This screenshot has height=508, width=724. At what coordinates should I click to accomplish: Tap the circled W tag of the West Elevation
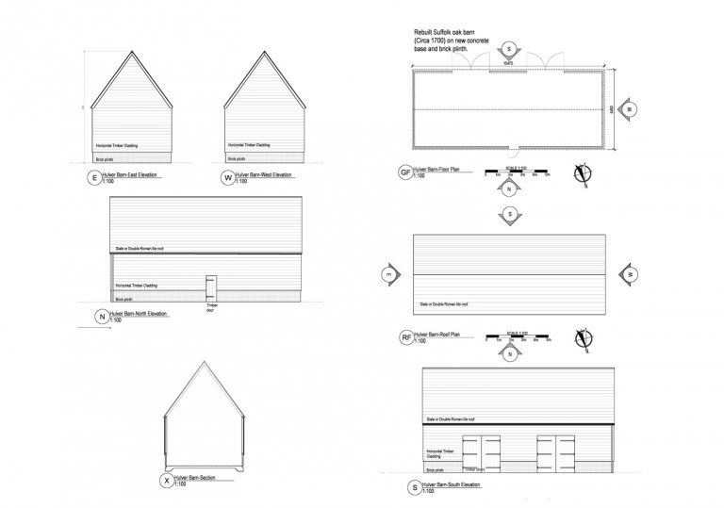227,177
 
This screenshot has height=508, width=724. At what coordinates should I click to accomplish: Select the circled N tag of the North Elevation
101,318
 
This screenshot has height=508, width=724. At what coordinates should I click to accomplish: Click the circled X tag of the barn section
168,481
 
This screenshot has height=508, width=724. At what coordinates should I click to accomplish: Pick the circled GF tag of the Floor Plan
406,174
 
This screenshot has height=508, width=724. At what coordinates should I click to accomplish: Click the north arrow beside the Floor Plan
582,172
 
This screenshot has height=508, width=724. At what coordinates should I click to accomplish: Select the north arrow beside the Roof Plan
582,336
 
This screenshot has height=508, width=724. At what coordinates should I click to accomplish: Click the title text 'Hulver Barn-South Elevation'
452,484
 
